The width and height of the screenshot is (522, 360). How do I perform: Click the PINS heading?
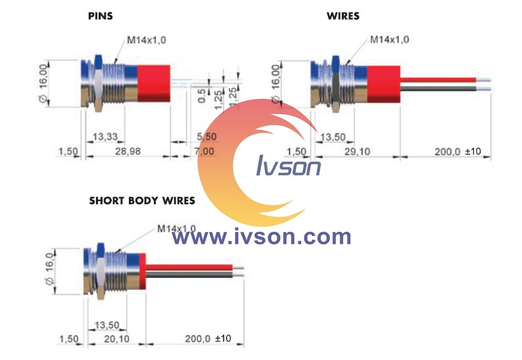tap(101, 16)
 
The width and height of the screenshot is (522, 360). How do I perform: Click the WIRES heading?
tap(343, 16)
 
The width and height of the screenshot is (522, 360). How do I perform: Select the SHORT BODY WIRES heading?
tap(142, 200)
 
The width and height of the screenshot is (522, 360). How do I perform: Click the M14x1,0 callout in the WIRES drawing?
tap(389, 39)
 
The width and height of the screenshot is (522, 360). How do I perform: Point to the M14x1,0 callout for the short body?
tap(176, 229)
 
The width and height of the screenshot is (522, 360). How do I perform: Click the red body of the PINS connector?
tap(153, 84)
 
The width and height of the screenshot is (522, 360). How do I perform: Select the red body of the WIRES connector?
tap(383, 85)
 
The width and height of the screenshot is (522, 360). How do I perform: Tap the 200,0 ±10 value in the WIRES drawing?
tap(458, 152)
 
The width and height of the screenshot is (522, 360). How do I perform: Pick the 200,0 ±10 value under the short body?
tap(208, 338)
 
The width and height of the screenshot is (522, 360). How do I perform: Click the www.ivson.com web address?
tap(262, 236)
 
